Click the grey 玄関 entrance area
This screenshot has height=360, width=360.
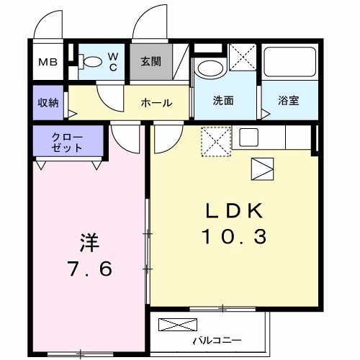151,62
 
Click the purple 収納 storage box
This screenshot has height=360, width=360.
48,102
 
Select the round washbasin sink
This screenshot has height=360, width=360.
210,70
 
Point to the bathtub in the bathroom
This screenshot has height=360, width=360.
289,66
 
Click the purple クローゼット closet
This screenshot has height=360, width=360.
67,142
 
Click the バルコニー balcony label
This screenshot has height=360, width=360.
217,339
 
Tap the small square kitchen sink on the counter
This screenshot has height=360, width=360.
249,137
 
